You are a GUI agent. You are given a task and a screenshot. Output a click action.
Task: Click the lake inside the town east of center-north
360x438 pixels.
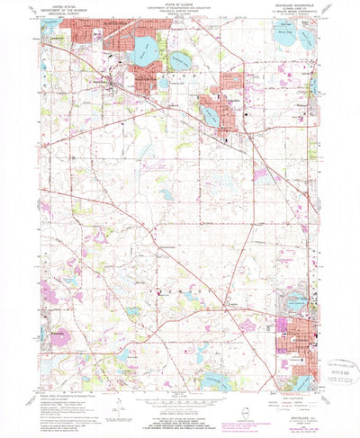(x=210, y=116)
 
